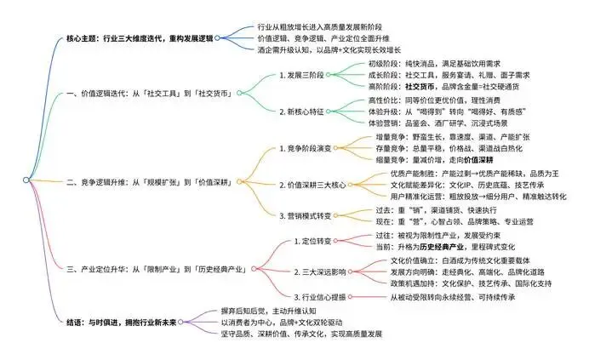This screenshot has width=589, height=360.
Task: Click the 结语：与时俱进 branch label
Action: coord(136,324)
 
